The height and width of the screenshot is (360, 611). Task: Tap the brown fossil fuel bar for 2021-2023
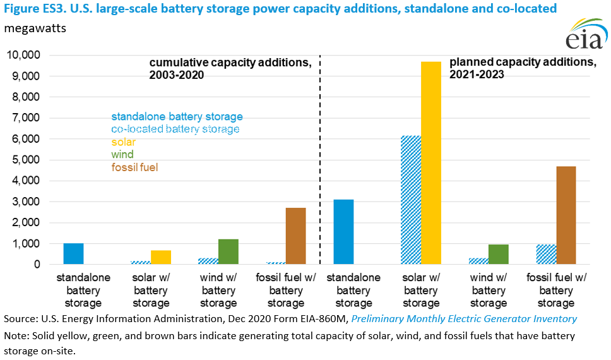click(x=566, y=215)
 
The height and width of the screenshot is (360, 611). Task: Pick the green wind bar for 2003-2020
click(x=228, y=252)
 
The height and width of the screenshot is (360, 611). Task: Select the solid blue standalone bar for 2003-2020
click(x=73, y=254)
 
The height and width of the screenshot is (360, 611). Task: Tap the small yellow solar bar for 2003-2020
click(x=160, y=258)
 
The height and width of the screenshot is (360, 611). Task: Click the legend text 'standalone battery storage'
click(x=177, y=117)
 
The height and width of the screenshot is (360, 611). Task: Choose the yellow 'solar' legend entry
click(x=124, y=142)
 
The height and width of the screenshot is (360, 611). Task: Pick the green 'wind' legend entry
click(x=122, y=155)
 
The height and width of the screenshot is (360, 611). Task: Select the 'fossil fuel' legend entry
click(x=134, y=167)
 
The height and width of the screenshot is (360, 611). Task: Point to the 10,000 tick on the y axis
click(x=23, y=56)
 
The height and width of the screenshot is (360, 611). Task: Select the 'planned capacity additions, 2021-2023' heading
click(x=523, y=68)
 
